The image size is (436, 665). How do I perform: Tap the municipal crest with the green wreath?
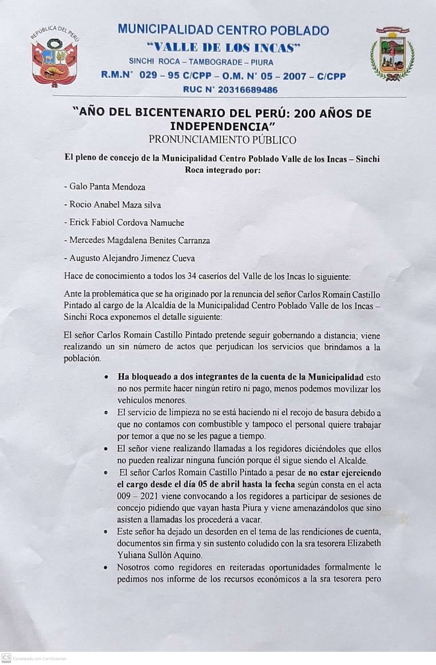[392, 54]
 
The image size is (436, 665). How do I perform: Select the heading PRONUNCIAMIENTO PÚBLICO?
[223, 139]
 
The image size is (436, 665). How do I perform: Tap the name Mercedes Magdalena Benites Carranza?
[137, 240]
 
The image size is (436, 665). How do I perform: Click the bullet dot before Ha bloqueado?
[107, 378]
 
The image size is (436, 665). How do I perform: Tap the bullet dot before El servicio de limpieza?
[107, 412]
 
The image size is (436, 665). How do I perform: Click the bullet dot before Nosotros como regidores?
[107, 567]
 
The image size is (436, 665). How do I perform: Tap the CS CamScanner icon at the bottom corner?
[6, 658]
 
